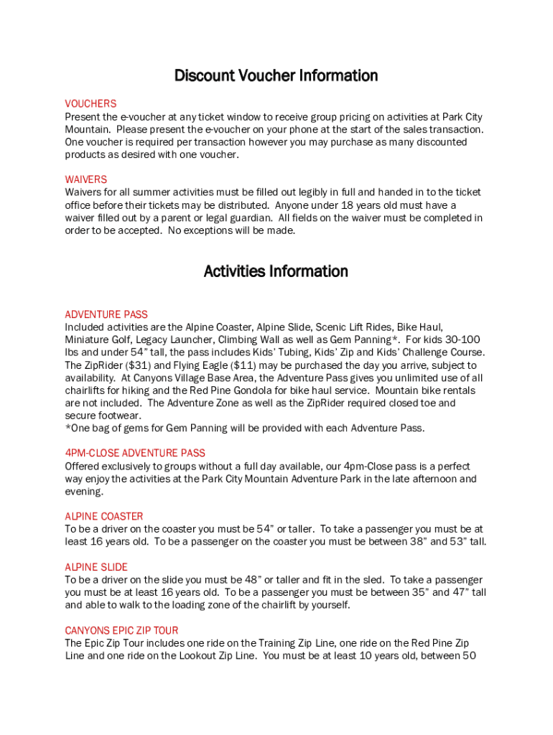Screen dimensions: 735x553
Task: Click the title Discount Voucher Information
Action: point(276,75)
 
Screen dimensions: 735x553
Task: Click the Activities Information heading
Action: point(276,271)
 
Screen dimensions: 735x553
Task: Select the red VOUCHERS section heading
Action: point(90,104)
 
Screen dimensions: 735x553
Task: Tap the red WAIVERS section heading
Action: point(86,179)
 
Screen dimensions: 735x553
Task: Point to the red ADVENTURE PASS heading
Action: point(106,314)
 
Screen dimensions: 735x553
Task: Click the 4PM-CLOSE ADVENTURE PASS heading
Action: point(135,453)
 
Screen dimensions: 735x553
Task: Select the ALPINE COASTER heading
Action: point(104,516)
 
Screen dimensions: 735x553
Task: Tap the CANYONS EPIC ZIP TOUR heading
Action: point(121,630)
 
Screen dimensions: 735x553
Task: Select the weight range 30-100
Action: point(460,340)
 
